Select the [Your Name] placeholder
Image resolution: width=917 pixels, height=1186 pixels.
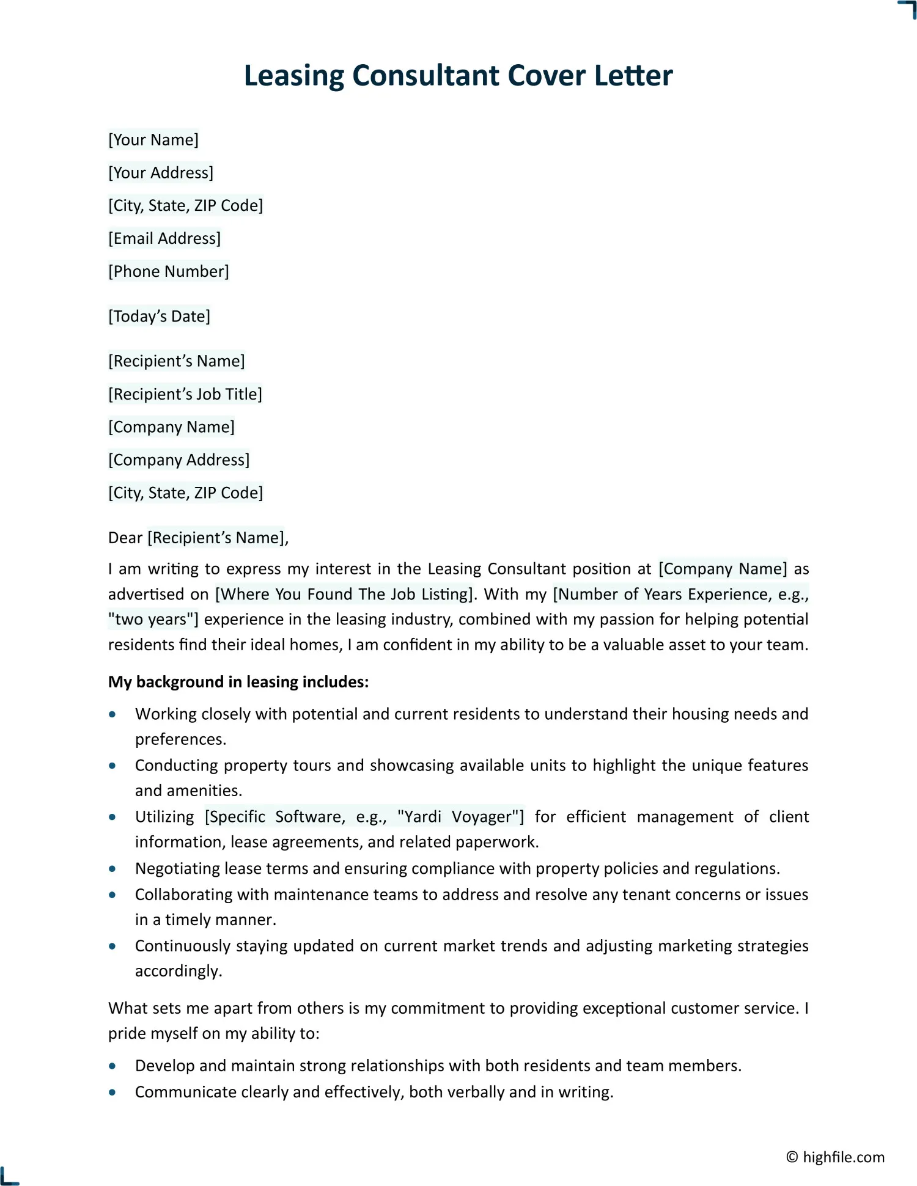click(x=153, y=140)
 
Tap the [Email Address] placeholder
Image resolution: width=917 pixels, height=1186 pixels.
click(x=164, y=238)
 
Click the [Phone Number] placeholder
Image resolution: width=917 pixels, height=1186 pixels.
click(x=169, y=271)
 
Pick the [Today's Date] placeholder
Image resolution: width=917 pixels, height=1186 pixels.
click(x=159, y=317)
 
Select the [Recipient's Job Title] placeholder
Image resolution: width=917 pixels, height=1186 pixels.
click(x=185, y=394)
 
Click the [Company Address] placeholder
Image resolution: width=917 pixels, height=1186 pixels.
click(x=179, y=459)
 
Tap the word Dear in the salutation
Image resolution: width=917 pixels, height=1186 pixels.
click(x=125, y=538)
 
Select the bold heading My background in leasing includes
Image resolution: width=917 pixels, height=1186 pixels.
click(x=238, y=682)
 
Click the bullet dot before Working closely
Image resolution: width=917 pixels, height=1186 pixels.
click(x=112, y=714)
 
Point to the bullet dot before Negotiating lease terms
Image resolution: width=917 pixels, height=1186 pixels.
click(x=112, y=868)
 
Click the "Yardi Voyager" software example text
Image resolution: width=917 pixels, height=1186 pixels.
click(x=460, y=817)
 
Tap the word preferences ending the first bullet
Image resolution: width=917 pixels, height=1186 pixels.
click(x=180, y=739)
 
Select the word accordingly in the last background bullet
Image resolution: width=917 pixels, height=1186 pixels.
click(x=178, y=971)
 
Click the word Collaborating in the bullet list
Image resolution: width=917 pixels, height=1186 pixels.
click(x=183, y=895)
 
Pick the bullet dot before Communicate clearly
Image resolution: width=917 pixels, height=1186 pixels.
click(x=112, y=1092)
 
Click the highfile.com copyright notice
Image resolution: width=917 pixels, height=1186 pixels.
click(x=835, y=1157)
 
